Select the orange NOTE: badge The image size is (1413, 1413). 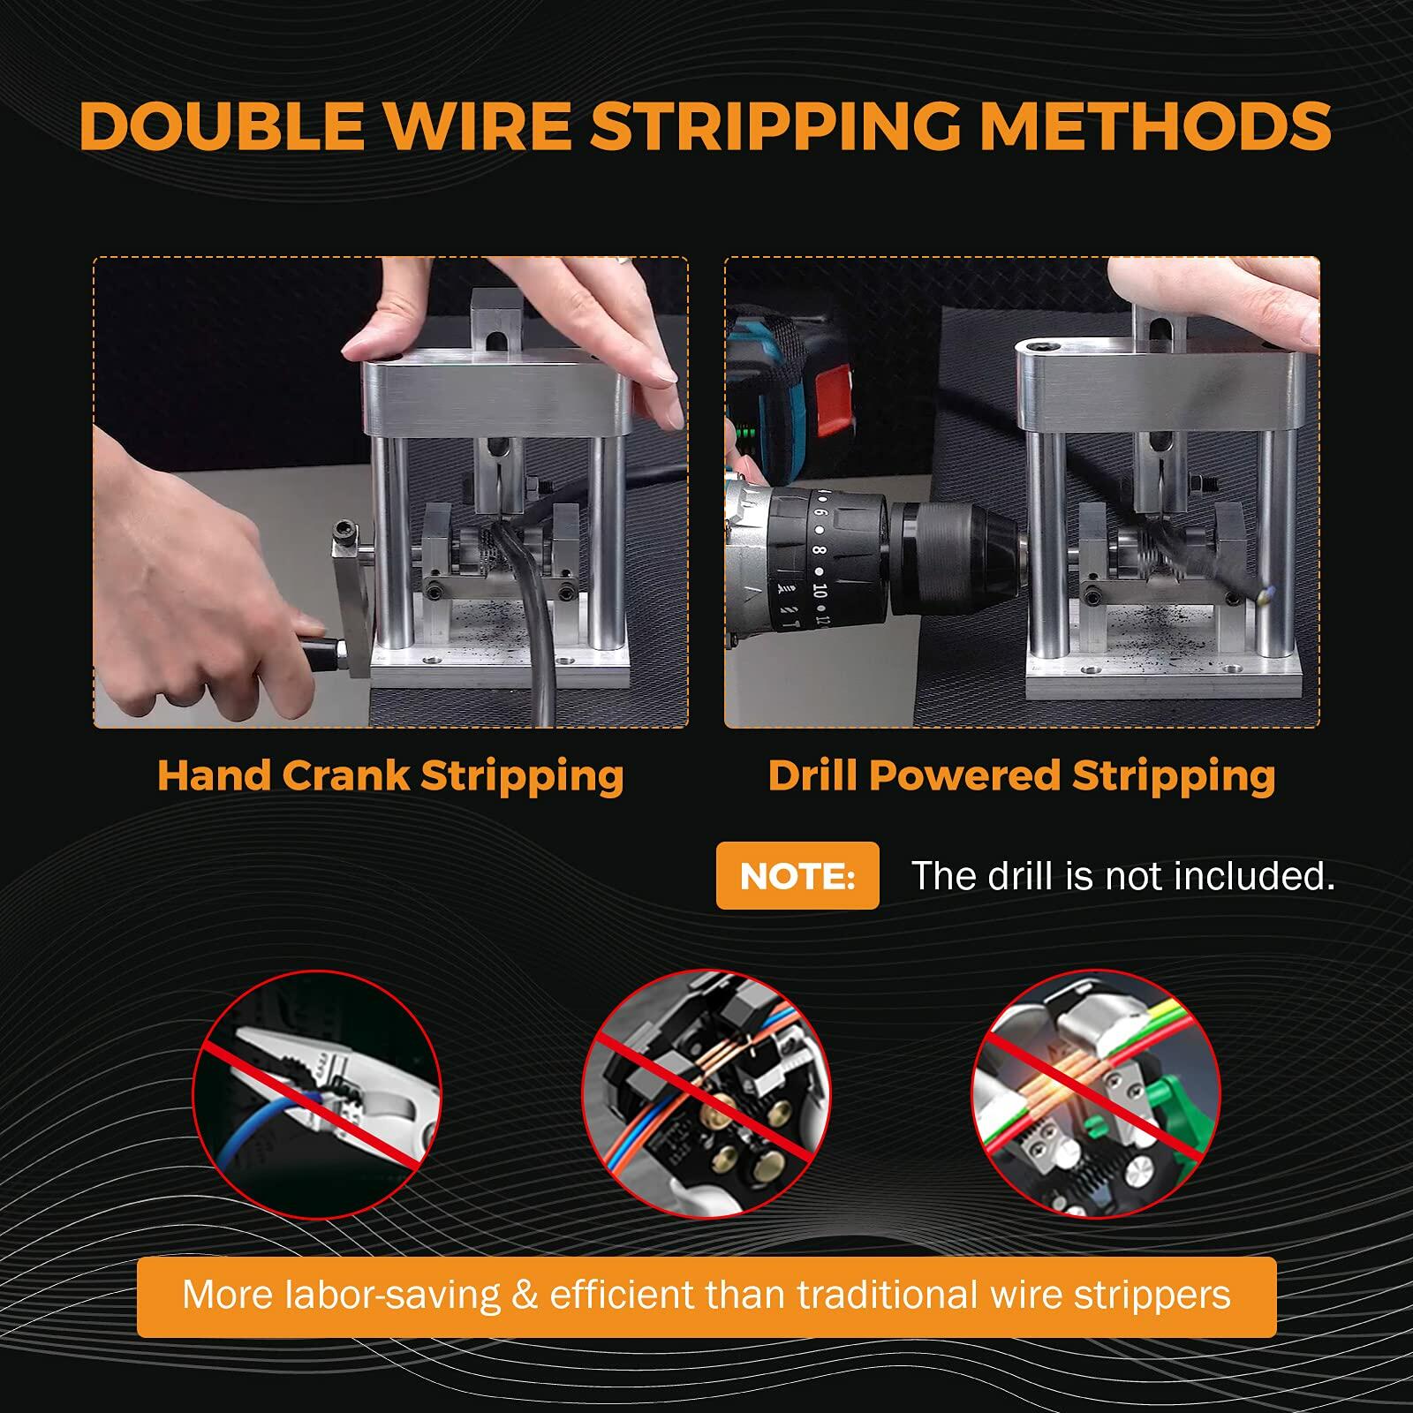[797, 875]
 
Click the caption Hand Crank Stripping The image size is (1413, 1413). [390, 775]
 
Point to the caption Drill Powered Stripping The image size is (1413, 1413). [1022, 775]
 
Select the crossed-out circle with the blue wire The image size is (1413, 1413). [317, 1094]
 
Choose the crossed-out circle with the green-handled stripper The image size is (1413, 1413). [1096, 1094]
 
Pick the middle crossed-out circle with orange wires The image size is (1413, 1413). [706, 1094]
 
